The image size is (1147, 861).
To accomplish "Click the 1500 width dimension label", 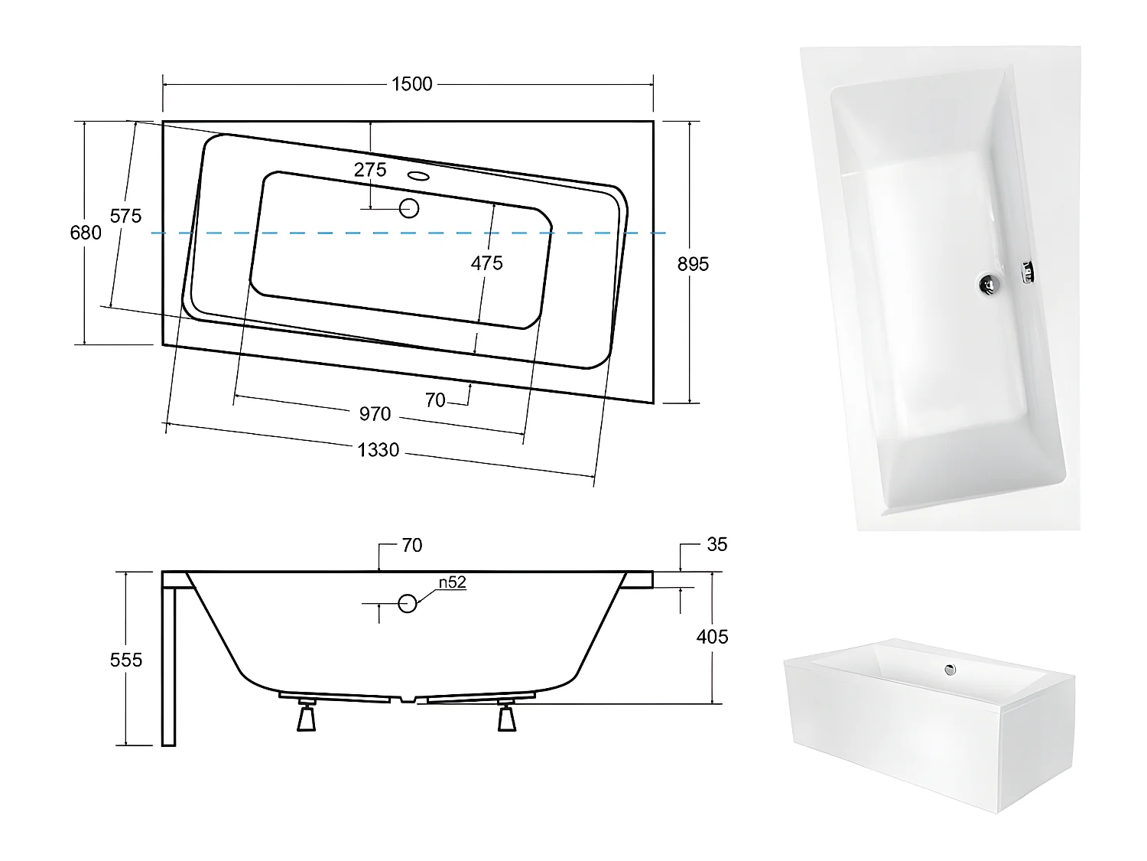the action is click(x=411, y=84).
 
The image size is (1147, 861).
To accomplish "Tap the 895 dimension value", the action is click(x=693, y=265).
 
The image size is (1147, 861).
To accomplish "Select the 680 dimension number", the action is click(x=86, y=233).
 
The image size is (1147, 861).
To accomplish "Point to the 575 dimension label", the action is click(x=125, y=216).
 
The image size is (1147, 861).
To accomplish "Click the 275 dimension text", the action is click(x=370, y=169).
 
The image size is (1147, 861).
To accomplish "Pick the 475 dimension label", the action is click(x=486, y=263).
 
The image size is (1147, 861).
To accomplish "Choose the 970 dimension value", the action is click(x=375, y=414).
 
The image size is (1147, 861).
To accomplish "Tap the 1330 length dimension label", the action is click(x=378, y=450).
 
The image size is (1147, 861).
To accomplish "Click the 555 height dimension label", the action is click(x=126, y=660).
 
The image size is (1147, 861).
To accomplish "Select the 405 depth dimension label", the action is click(x=712, y=637).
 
